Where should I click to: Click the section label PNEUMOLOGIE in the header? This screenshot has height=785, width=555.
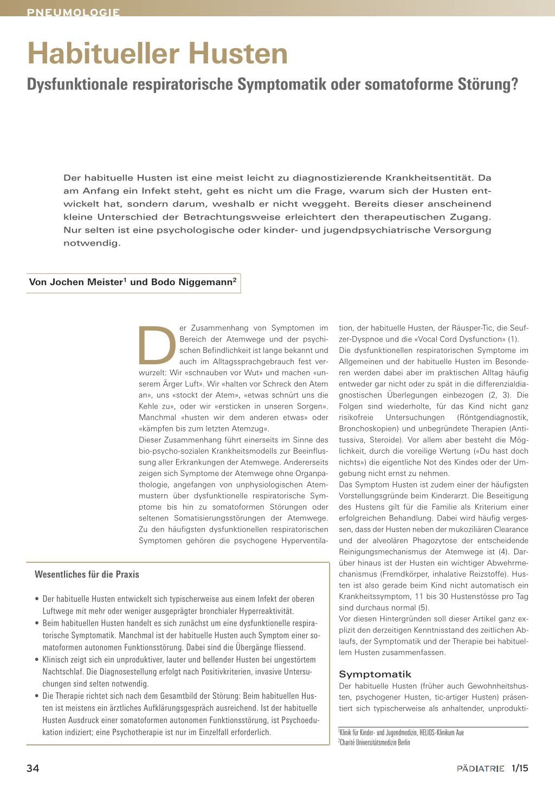tap(73, 12)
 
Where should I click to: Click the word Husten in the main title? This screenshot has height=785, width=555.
tap(238, 54)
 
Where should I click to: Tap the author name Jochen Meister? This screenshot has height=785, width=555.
tap(87, 282)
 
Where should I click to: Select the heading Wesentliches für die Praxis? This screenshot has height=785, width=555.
tap(87, 574)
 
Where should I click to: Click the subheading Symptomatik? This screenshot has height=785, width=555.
tap(375, 674)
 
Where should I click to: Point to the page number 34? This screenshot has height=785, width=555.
tap(33, 768)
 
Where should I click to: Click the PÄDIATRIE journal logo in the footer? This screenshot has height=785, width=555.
tap(480, 768)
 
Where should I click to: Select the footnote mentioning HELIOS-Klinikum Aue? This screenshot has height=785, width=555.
tap(402, 732)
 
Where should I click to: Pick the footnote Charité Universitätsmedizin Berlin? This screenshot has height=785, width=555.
tap(375, 742)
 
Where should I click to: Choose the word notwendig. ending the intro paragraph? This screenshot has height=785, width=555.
tap(92, 243)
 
